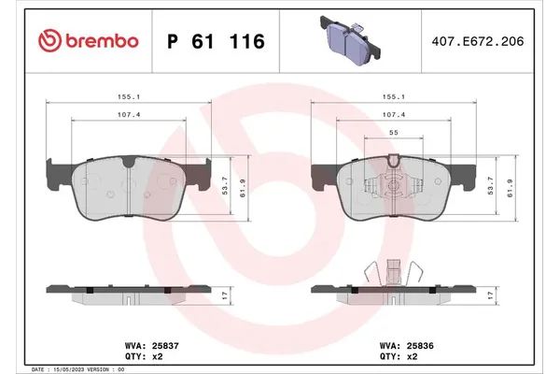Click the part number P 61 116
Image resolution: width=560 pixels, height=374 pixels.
[x=215, y=41]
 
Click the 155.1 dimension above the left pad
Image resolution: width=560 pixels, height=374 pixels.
[x=130, y=94]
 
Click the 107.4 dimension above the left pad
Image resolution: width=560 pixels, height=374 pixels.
[x=130, y=116]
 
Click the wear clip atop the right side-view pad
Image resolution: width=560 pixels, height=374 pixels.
[x=392, y=271]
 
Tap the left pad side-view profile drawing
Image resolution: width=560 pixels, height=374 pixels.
[x=129, y=292]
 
